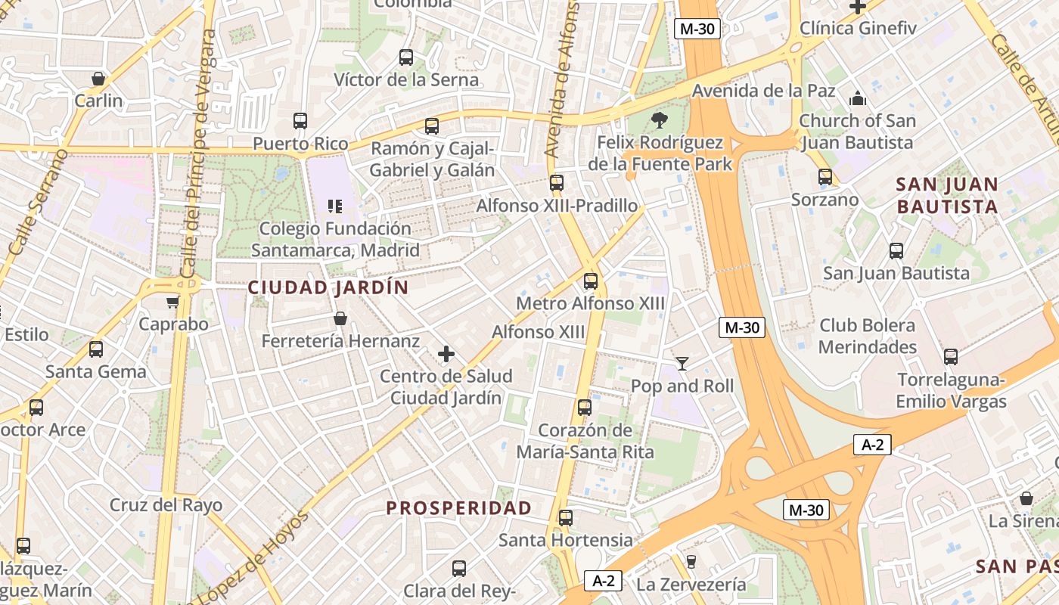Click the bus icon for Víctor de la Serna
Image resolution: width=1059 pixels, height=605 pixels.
(406, 57)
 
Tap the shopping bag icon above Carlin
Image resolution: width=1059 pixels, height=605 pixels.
(98, 79)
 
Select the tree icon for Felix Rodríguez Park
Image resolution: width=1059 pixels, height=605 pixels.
(660, 119)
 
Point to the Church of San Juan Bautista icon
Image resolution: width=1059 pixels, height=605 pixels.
(857, 98)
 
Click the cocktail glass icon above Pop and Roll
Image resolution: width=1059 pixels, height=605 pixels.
(682, 364)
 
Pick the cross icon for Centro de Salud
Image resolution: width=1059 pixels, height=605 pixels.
(446, 354)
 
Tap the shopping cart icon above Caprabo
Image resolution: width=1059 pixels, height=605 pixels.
(173, 302)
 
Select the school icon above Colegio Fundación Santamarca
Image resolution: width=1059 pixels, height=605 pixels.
(335, 206)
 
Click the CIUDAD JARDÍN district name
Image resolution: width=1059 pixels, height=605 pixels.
(328, 288)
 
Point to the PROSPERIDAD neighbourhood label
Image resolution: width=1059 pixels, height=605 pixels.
(459, 508)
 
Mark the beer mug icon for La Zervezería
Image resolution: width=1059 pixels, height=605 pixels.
(691, 562)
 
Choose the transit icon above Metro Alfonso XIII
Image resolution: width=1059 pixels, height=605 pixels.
(591, 281)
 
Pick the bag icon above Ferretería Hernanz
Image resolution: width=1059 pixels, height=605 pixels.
(340, 319)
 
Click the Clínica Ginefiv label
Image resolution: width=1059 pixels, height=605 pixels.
(858, 29)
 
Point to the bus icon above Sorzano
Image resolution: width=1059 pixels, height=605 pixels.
(825, 178)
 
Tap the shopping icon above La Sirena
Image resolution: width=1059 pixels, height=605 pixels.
(1026, 499)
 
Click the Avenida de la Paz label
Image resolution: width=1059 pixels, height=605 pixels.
(764, 91)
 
